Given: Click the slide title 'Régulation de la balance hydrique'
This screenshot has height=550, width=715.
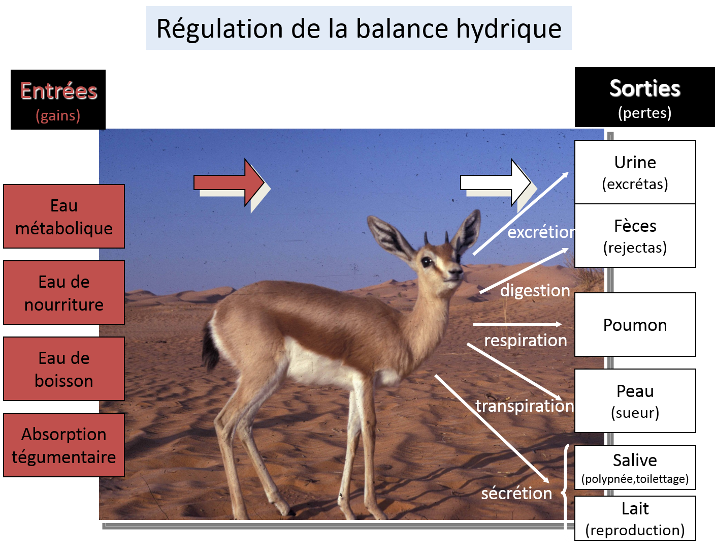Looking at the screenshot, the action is [359, 28].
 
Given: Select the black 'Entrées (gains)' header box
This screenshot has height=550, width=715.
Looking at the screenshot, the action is [58, 100].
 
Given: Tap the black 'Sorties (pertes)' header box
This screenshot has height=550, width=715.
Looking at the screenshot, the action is [644, 97].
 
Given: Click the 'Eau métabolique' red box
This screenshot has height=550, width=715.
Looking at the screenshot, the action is [64, 217].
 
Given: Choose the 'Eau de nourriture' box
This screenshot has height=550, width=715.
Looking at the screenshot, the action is [64, 293].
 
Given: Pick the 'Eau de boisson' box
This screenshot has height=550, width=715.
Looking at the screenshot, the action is [64, 369].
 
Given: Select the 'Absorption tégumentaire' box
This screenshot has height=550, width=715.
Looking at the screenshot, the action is [64, 445].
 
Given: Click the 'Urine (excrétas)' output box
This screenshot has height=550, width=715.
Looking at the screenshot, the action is [635, 172].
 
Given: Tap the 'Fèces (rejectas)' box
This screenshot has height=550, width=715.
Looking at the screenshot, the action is [635, 236].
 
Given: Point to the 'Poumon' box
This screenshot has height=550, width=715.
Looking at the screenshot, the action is [635, 325].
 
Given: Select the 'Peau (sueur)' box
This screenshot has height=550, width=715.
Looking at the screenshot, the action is [635, 401].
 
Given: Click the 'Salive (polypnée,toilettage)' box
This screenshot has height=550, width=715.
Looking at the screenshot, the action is [635, 468].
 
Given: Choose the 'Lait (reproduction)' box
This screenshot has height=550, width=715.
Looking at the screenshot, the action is [635, 518].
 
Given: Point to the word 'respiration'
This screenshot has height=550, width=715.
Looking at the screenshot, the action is [526, 340].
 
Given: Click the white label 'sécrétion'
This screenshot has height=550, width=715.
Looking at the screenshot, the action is [516, 493].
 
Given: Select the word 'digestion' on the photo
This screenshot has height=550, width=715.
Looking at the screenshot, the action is [535, 291].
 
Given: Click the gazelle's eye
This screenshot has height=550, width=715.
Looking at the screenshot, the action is [427, 262].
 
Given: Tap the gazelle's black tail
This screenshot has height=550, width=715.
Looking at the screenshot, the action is [210, 346].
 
